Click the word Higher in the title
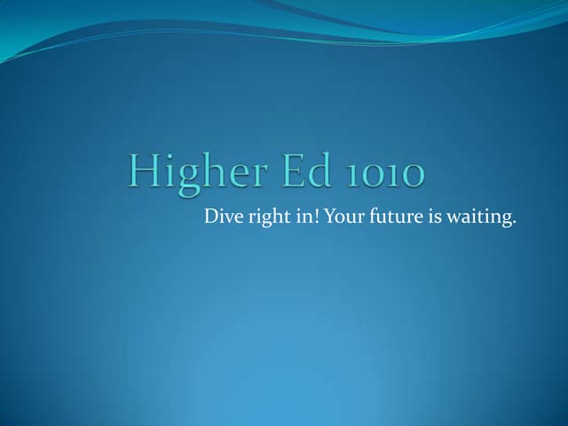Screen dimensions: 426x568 pos(193,171)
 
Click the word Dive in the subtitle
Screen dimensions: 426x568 pos(220,216)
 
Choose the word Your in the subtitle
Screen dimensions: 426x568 pos(341,216)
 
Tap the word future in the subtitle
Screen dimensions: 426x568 pos(391,216)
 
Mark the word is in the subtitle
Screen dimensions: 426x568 pos(435,216)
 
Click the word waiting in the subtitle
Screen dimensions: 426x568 pos(478,217)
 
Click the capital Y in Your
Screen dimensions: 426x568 pos(329,216)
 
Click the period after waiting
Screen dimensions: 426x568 pos(514,221)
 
